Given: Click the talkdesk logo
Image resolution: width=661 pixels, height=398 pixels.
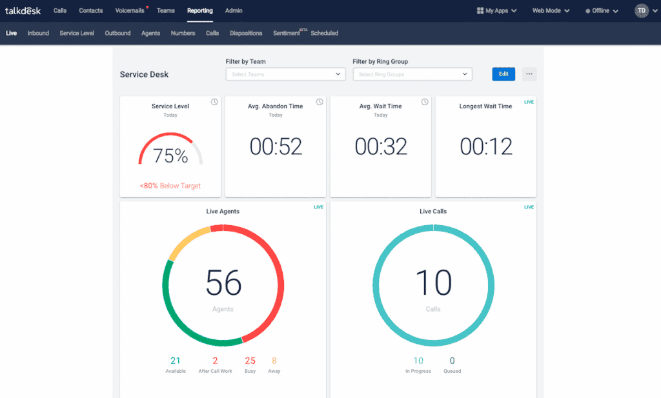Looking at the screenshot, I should click(23, 11).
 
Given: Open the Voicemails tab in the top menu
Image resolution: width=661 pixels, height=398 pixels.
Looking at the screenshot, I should click(130, 11).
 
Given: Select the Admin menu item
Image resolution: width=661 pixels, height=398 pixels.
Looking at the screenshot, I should click(234, 11).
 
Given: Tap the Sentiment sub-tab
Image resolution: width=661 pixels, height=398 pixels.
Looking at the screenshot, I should click(287, 34).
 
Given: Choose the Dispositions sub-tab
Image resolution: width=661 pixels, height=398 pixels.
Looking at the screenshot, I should click(246, 34).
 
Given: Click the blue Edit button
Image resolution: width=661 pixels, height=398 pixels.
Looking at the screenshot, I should click(503, 74).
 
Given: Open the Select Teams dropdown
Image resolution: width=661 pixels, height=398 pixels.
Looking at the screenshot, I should click(285, 74).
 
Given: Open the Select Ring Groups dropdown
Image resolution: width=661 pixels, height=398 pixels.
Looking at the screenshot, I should click(412, 74).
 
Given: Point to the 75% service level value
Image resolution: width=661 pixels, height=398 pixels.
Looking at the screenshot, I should click(170, 156).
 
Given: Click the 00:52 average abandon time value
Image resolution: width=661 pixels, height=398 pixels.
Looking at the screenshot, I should click(276, 147).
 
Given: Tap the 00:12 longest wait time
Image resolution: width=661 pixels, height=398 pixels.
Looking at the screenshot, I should click(486, 147).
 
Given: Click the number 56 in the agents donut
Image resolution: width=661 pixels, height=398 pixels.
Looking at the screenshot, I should click(223, 283).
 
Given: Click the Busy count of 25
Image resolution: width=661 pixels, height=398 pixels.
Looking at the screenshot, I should click(250, 361).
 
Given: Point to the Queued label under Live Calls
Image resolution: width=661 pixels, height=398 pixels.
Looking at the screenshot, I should click(452, 372).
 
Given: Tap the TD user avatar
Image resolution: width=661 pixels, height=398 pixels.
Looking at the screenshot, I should click(641, 11).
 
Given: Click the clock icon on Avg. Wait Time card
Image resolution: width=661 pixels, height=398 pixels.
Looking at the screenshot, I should click(424, 102).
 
